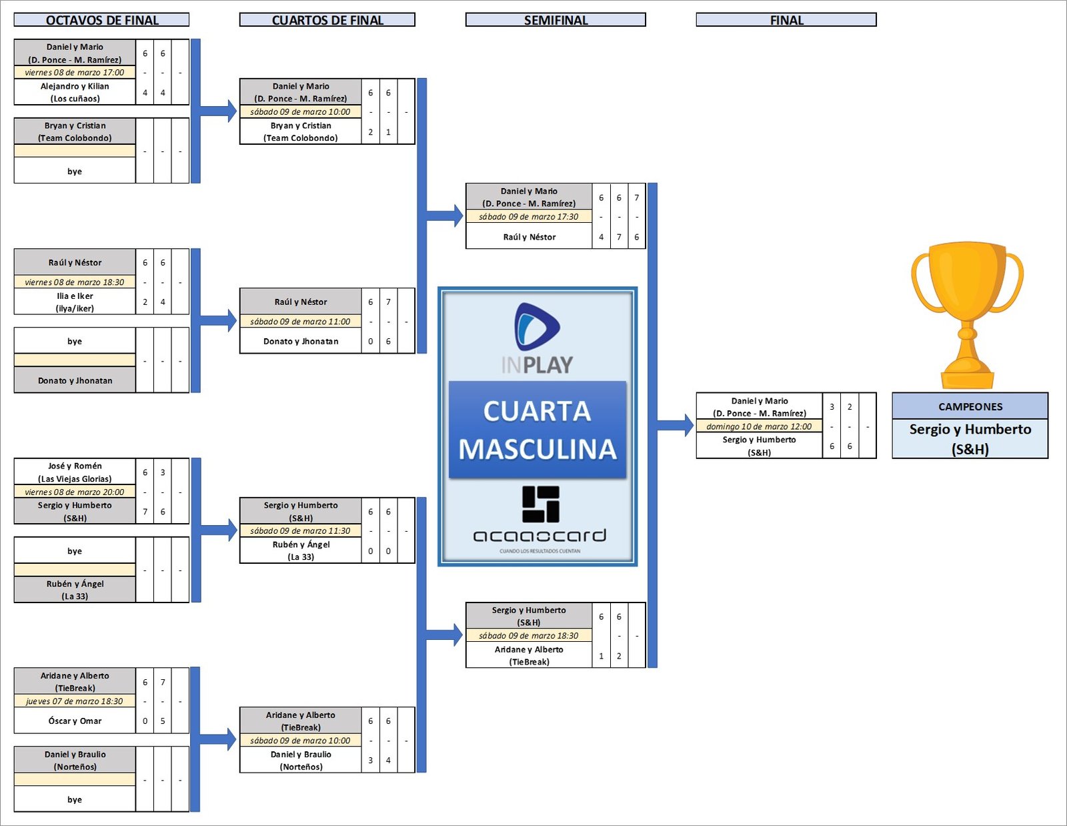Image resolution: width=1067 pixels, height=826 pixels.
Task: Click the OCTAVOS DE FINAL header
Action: [x=101, y=20]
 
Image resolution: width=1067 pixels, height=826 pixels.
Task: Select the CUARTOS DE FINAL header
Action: [x=327, y=20]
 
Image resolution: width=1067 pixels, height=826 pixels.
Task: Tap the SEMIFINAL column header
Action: [x=556, y=20]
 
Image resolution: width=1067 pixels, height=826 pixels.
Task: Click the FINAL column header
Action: [x=786, y=20]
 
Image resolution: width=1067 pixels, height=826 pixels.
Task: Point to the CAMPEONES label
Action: [x=970, y=406]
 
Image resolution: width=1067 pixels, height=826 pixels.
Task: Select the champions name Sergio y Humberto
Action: [x=970, y=438]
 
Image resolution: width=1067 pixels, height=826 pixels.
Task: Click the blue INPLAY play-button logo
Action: [x=537, y=327]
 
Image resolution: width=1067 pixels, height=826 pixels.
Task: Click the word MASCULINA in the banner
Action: [x=537, y=449]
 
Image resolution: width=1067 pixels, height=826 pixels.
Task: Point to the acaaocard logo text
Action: [x=540, y=535]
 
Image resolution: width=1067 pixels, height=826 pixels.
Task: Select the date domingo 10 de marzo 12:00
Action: [x=759, y=426]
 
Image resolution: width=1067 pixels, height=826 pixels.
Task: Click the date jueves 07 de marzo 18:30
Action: [x=75, y=701]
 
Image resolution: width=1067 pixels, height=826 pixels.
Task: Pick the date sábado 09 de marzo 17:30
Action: [x=529, y=216]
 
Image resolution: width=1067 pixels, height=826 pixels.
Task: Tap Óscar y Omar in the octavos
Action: [x=75, y=721]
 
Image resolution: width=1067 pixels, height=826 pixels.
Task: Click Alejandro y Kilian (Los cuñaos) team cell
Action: [x=75, y=92]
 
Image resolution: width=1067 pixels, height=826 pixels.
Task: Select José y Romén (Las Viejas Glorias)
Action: [x=75, y=472]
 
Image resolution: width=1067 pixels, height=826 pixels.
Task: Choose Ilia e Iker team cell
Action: [x=75, y=302]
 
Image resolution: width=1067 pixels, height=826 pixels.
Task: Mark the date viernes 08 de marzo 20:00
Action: [x=75, y=492]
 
